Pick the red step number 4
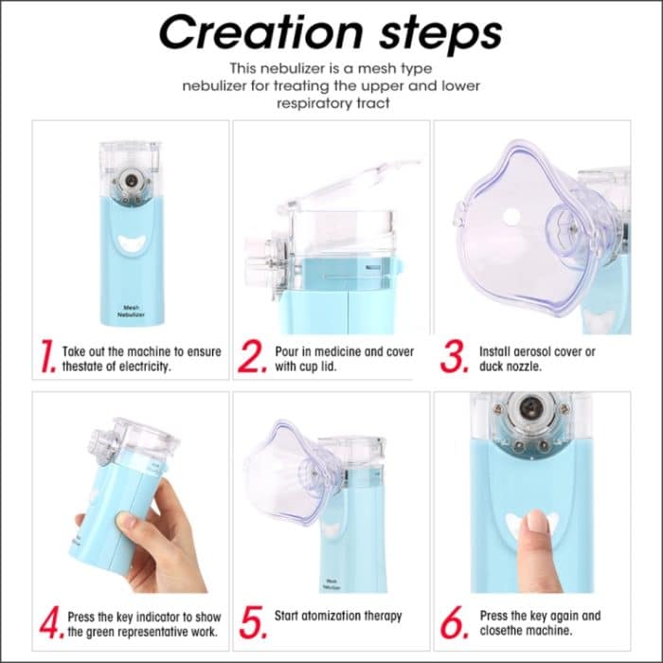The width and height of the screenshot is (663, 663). tap(48, 622)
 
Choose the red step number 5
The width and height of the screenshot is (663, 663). tap(250, 622)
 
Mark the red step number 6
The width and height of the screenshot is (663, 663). tap(455, 622)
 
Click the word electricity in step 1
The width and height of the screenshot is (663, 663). tap(137, 366)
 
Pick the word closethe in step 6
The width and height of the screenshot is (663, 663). tap(503, 630)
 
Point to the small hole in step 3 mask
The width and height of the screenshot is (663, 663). tap(511, 217)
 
